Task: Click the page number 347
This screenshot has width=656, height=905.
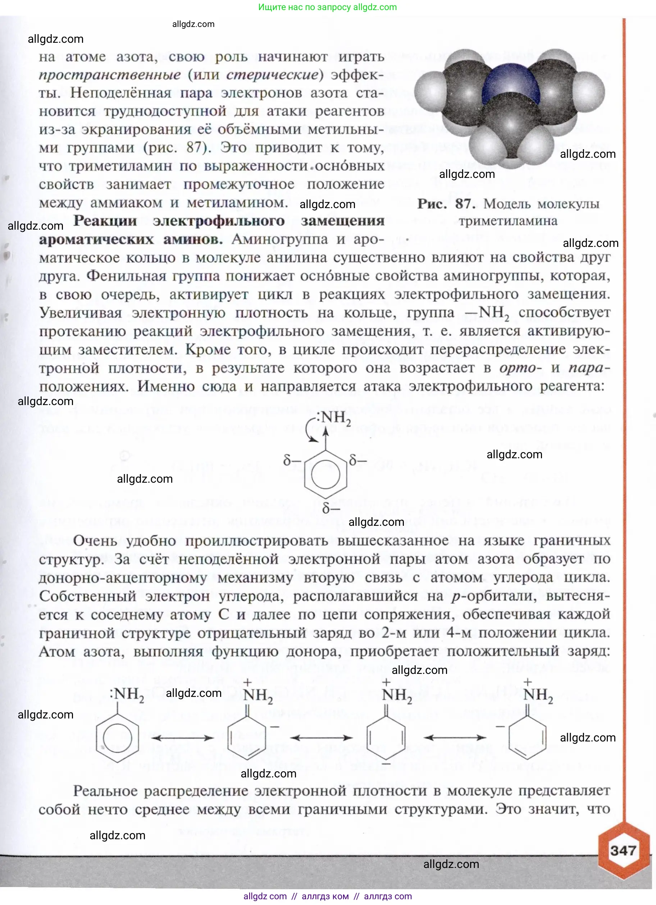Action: click(623, 850)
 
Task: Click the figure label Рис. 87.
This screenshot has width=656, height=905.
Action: click(446, 204)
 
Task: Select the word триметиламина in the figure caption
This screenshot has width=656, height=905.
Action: click(507, 221)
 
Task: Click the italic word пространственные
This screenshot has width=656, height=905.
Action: click(109, 75)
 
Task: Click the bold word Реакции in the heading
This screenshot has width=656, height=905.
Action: click(105, 221)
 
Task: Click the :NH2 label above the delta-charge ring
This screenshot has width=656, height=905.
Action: click(333, 417)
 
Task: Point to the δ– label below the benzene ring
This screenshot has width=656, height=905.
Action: click(331, 508)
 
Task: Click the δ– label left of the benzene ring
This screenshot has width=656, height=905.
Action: click(292, 461)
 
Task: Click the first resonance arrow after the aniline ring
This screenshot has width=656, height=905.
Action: click(182, 738)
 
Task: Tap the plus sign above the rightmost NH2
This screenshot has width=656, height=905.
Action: click(528, 682)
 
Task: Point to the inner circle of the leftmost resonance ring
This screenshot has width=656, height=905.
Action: click(117, 739)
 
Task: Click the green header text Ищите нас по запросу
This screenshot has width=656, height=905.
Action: click(304, 7)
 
